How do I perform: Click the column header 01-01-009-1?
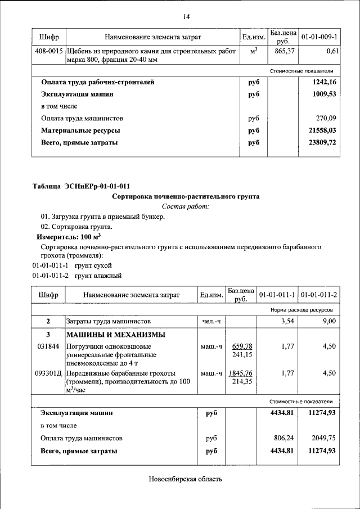click(319, 37)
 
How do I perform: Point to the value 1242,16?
click(324, 82)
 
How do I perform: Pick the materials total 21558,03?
click(322, 130)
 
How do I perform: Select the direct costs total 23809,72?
click(322, 143)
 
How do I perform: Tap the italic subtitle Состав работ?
click(186, 207)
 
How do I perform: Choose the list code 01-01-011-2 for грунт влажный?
click(50, 276)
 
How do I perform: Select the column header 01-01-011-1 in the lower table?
click(277, 294)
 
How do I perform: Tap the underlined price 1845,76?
click(241, 373)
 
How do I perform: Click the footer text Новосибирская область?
click(186, 479)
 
